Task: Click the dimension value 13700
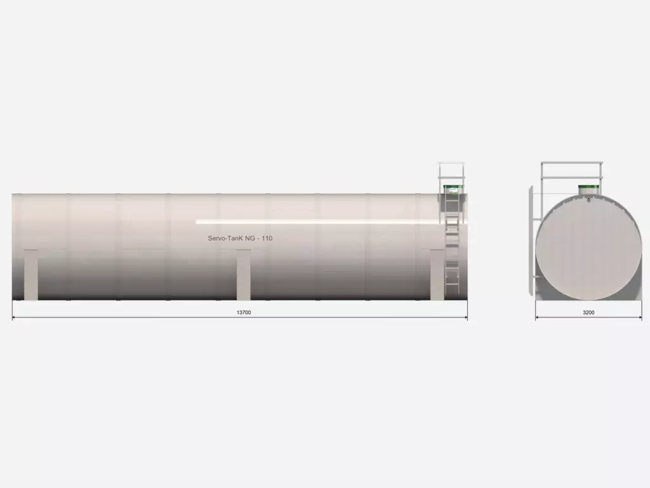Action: point(244,313)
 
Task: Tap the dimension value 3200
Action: point(588,313)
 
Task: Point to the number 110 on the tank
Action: point(267,238)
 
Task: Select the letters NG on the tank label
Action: point(250,238)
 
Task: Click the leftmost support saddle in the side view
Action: point(30,274)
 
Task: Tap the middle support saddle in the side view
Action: point(243,274)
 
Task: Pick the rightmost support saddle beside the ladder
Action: point(437,274)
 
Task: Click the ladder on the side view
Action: point(452,245)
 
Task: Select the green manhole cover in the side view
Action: point(452,189)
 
